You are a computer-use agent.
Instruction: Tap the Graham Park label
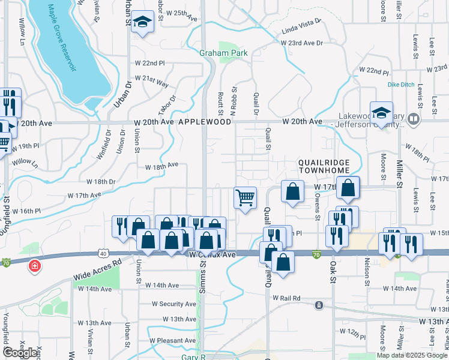[224, 53]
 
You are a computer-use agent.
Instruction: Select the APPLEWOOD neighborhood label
[205, 121]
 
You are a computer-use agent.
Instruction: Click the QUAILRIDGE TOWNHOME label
[324, 166]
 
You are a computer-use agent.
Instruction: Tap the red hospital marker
[35, 265]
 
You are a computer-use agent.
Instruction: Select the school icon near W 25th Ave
[142, 23]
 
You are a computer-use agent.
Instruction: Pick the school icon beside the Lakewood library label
[381, 112]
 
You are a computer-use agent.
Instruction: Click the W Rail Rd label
[286, 298]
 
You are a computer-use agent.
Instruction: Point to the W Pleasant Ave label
[173, 340]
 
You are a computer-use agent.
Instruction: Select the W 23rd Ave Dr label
[302, 43]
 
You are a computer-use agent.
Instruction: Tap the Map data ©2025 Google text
[412, 355]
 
